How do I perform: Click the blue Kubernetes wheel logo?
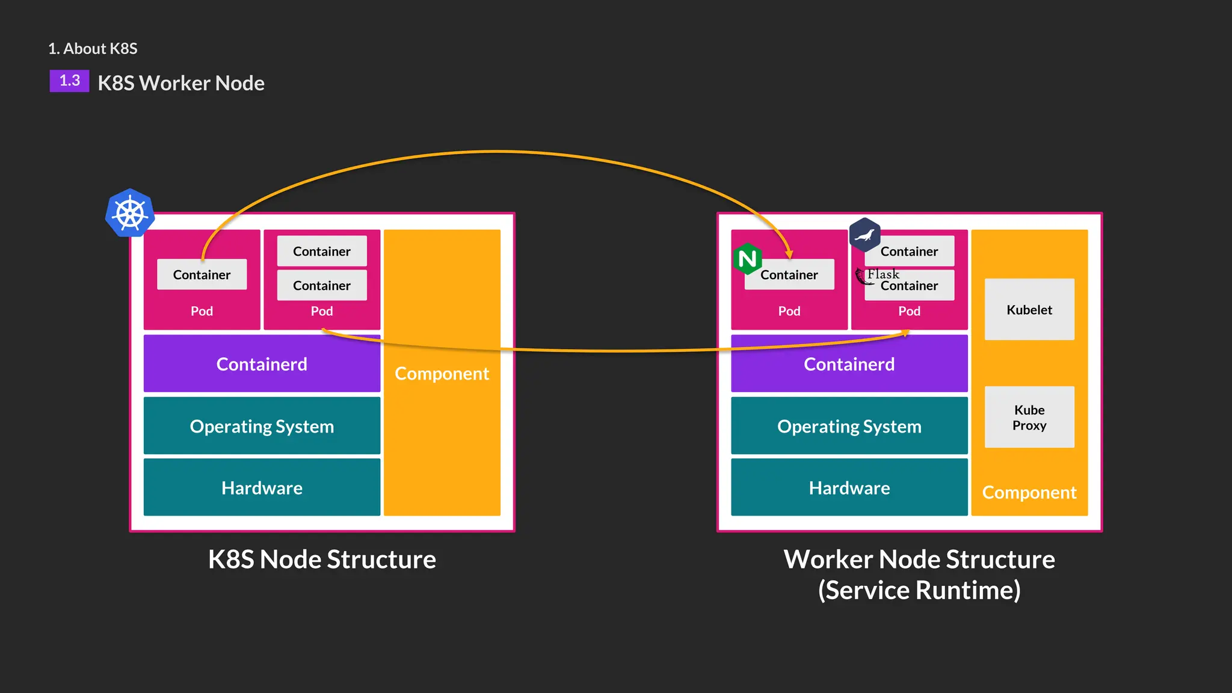(x=130, y=214)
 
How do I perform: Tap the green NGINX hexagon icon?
(x=748, y=259)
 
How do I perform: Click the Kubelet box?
(x=1029, y=309)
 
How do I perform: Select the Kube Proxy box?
(x=1029, y=417)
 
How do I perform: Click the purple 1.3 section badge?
(x=69, y=81)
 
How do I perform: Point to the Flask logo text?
(x=882, y=274)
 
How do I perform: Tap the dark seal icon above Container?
(x=864, y=235)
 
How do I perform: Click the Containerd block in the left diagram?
(x=262, y=364)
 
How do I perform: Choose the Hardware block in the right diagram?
(x=849, y=487)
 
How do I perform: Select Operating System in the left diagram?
(x=262, y=426)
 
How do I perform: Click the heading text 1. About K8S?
(x=93, y=49)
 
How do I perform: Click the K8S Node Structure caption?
(x=322, y=559)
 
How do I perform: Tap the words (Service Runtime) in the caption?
(x=919, y=590)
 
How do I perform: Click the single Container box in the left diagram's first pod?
(x=202, y=275)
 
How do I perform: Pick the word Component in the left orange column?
(x=442, y=374)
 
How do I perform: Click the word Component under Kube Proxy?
(x=1029, y=493)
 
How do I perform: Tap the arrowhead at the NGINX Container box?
(x=789, y=254)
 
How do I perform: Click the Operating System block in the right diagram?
(x=849, y=426)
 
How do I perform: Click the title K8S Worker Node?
(x=181, y=83)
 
